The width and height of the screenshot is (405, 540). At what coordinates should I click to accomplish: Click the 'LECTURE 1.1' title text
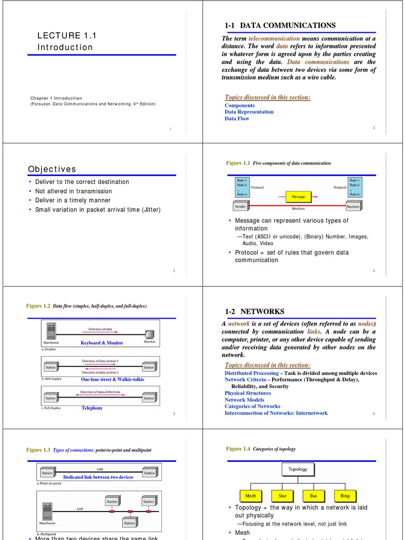[66, 36]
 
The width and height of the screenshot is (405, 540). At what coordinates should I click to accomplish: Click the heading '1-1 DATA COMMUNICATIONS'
[279, 25]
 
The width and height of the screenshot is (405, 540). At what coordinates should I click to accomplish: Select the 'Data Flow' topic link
[237, 119]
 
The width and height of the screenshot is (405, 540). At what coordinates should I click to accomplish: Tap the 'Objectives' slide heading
[52, 169]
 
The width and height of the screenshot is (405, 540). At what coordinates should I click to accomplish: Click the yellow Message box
[298, 197]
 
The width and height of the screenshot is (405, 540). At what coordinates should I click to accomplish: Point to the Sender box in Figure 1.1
[243, 207]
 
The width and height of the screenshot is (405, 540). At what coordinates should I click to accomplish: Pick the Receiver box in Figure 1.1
[353, 207]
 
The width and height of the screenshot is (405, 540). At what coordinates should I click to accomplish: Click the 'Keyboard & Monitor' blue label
[102, 343]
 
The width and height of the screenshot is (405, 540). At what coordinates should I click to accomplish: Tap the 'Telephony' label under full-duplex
[92, 408]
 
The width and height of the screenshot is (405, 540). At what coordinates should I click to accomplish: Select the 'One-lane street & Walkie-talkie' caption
[112, 379]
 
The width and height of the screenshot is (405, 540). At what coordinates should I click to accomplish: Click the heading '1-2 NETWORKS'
[254, 312]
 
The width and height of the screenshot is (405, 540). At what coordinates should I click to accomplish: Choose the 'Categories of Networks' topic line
[252, 407]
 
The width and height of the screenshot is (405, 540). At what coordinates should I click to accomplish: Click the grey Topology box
[297, 469]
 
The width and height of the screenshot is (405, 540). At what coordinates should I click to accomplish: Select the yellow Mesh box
[250, 496]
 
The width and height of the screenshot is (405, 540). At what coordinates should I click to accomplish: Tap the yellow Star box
[282, 496]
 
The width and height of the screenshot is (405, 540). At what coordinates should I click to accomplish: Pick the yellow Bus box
[314, 496]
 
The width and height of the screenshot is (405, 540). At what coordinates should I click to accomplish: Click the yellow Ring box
[345, 496]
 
